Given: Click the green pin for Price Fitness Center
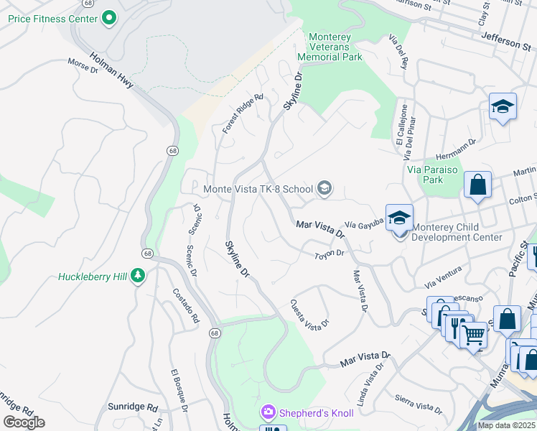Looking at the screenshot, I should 109,17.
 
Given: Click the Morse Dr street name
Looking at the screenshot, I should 83,67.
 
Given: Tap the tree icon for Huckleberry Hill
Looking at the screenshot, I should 138,276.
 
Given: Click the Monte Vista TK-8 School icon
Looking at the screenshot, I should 324,189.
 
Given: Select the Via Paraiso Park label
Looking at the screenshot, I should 435,175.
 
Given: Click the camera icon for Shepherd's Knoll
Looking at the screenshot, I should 268,412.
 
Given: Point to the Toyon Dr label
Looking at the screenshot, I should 330,254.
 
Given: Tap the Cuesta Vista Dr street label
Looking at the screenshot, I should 309,314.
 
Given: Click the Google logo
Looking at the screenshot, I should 24,422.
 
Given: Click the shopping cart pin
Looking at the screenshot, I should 472,333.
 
